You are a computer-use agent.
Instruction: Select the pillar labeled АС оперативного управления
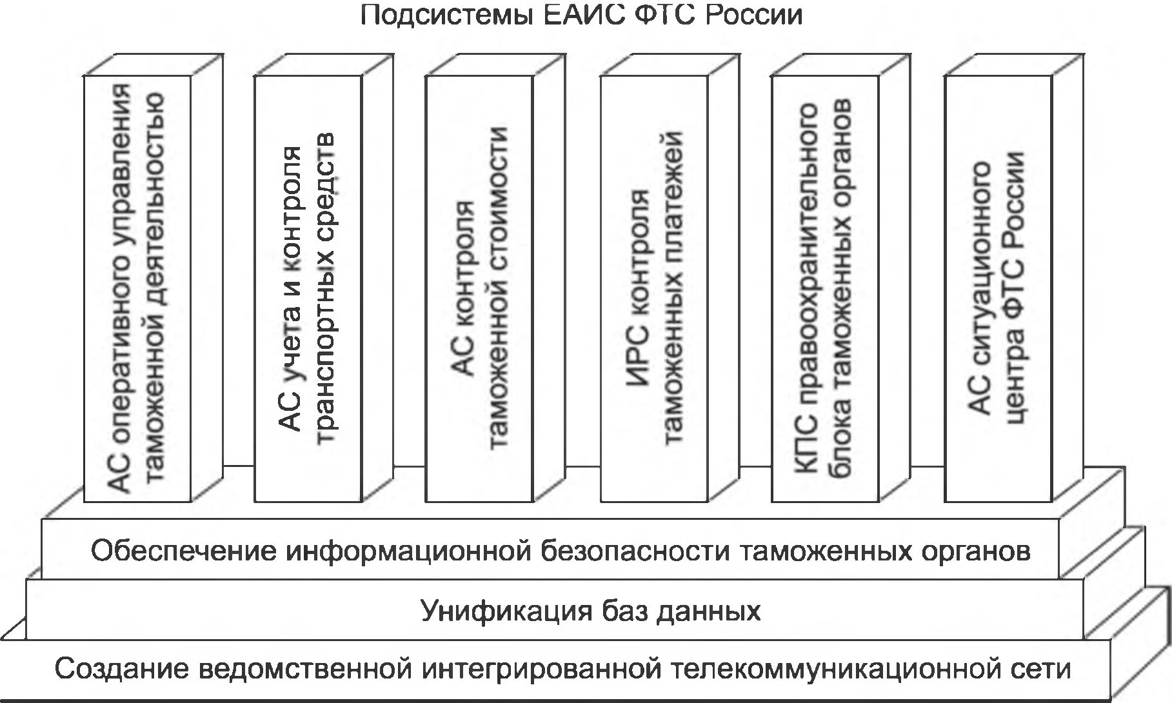pos(137,288)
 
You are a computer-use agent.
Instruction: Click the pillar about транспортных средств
pos(308,288)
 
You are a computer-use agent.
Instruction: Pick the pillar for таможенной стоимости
pos(479,288)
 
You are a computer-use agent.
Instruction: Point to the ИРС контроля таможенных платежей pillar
pos(654,288)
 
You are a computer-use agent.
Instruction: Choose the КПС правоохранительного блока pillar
pos(824,288)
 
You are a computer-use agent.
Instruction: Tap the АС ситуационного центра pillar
pos(997,288)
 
